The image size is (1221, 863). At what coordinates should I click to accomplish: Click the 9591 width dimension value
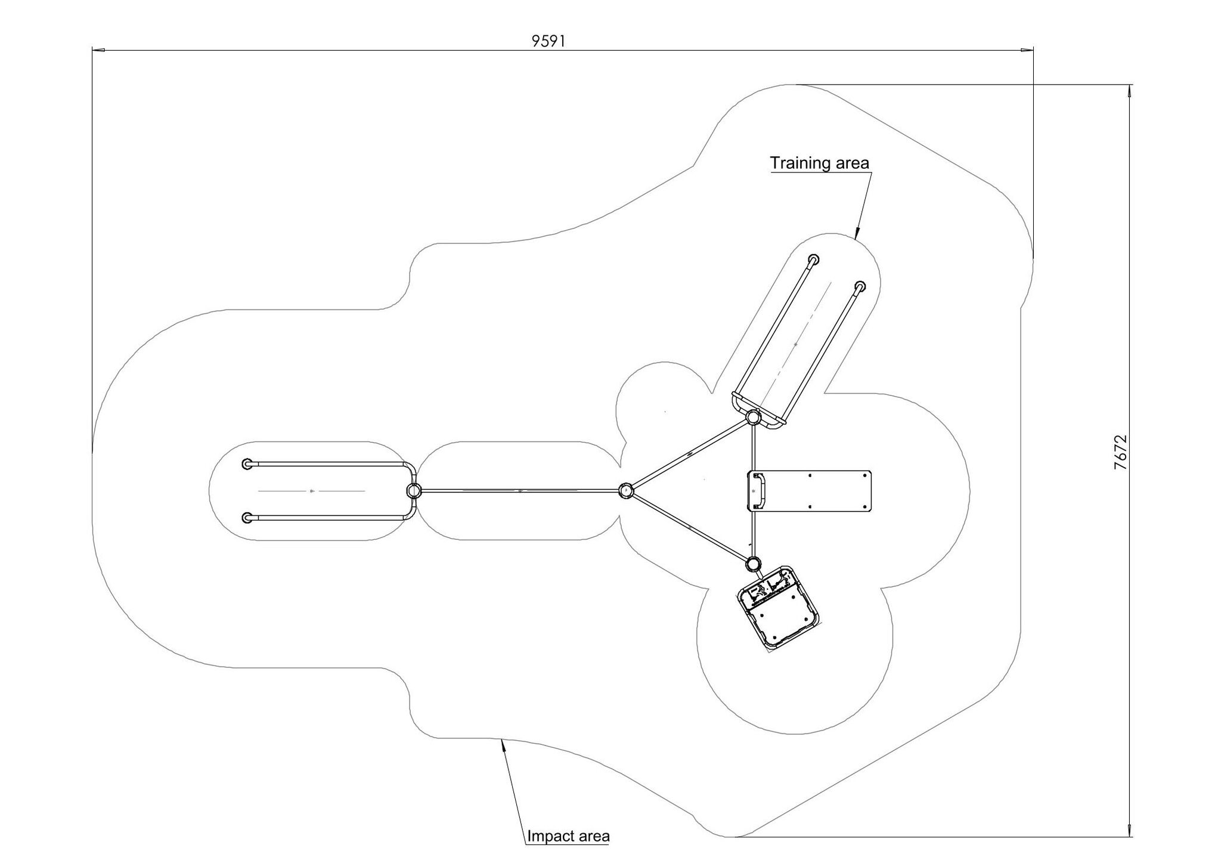[548, 41]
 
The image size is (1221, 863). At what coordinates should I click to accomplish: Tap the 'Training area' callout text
[819, 163]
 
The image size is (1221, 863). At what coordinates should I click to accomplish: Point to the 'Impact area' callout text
[568, 836]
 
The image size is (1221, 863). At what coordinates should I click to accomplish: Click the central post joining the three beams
[625, 491]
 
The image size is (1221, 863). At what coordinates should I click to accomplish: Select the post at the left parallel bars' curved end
[413, 491]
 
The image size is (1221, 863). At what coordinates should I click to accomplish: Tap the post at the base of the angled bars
[753, 417]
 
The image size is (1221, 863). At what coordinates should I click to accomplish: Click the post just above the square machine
[754, 563]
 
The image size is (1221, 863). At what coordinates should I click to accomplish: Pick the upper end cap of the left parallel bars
[247, 464]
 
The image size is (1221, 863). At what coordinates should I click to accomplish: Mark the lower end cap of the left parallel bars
[247, 518]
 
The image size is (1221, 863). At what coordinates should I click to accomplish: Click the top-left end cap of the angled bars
[814, 259]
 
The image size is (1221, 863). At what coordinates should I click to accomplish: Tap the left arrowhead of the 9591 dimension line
[98, 50]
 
